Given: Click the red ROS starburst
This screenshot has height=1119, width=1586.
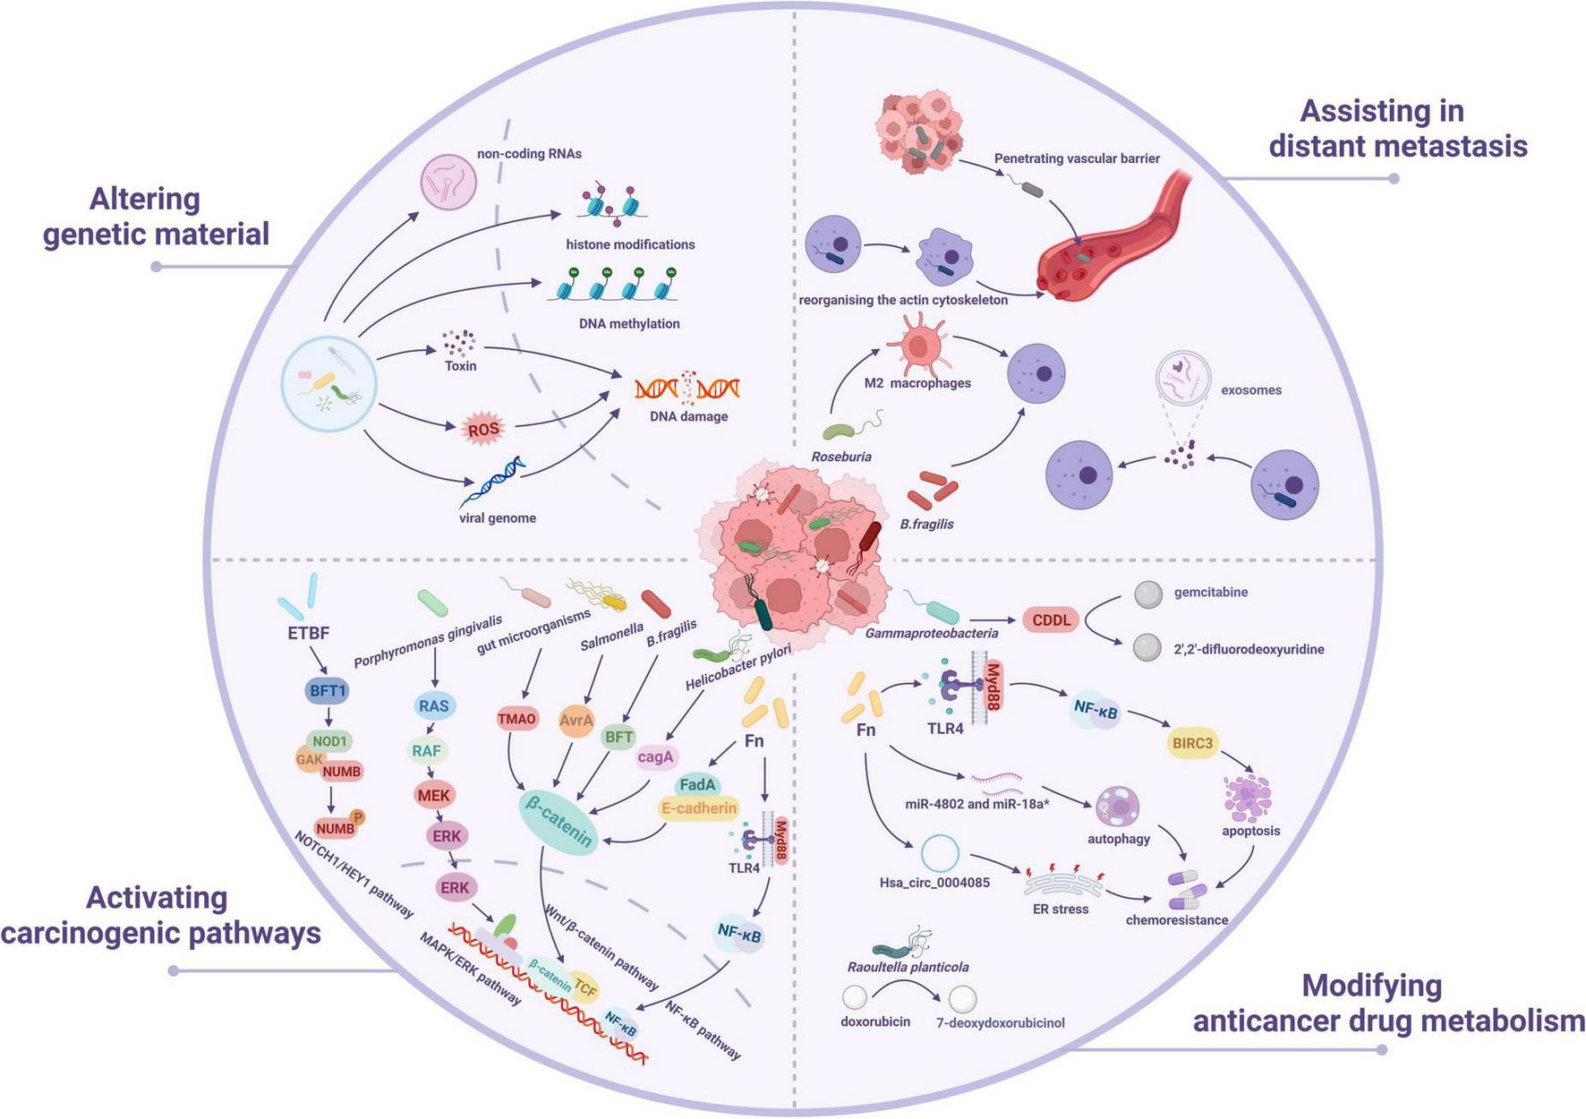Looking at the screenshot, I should pos(483,430).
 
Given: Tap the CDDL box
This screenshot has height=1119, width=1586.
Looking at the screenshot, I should pos(1051,619).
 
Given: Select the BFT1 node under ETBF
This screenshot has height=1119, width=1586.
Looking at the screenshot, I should pos(328,691).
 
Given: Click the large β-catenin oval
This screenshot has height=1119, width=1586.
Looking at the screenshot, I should pos(559,822).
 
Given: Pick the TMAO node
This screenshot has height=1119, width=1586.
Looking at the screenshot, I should pos(517,719).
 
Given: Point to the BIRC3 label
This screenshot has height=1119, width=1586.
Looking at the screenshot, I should pos(1192,743).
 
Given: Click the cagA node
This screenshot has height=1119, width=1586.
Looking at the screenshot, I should pos(655,756).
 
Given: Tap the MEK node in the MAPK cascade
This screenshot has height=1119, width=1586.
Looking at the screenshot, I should pos(434,795).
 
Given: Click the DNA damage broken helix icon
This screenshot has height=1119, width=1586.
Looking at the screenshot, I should pos(687,389).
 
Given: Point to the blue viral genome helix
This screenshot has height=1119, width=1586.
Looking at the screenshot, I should pos(492,482).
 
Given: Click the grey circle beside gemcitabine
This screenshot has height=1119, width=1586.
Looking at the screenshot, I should pos(1148,594).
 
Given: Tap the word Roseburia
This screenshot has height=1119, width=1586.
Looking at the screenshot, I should pos(841,457).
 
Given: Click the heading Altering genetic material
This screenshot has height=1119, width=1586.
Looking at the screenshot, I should pos(156,216).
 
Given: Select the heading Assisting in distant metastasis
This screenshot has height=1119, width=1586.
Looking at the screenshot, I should pos(1397,128).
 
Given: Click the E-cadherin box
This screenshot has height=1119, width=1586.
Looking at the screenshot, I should pos(699,808).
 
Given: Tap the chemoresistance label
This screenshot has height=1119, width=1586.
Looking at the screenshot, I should pos(1176,919).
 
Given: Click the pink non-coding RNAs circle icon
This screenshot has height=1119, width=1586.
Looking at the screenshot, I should pos(448,183).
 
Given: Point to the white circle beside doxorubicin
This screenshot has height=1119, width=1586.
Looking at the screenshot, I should pos(854,996).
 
